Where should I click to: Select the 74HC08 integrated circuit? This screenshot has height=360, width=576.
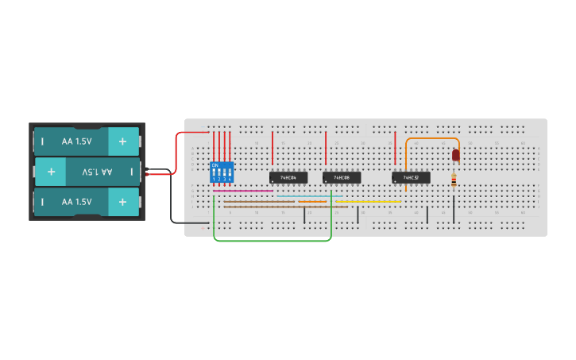point(342,177)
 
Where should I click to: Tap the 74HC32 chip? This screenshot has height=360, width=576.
point(411,177)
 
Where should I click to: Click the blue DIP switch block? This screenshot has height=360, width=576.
point(222,172)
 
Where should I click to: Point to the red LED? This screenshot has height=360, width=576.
point(455,156)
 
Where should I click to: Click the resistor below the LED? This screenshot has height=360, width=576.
point(454,181)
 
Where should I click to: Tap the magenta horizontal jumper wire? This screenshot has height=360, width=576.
point(242,191)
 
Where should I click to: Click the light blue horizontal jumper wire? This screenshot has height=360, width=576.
point(310,195)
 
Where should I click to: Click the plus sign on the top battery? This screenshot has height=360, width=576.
point(122,141)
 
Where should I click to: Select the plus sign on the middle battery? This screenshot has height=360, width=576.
point(51,172)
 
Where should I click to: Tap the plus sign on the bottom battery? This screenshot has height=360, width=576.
point(122,202)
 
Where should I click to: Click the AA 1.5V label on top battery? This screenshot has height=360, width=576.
point(76,141)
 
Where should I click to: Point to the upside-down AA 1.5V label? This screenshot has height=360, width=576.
point(97,172)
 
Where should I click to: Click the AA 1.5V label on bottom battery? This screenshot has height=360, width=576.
point(76,202)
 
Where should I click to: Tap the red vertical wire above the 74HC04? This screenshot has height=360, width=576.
point(273,148)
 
